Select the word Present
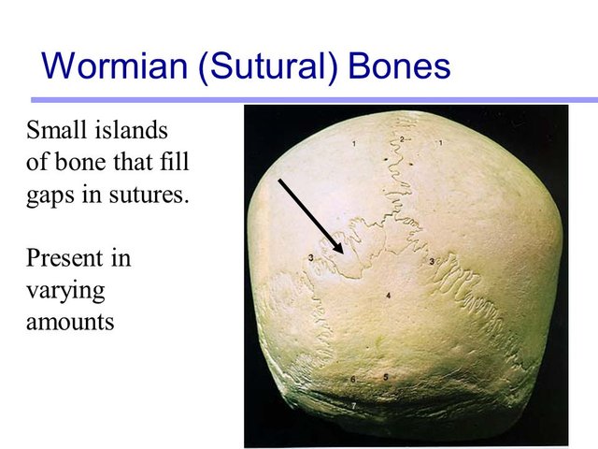point(62,256)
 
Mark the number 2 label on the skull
point(402,138)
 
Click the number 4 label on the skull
point(388,296)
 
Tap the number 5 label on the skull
point(386,377)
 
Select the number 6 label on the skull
point(352,379)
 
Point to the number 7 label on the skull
point(353,405)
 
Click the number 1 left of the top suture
point(355,143)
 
